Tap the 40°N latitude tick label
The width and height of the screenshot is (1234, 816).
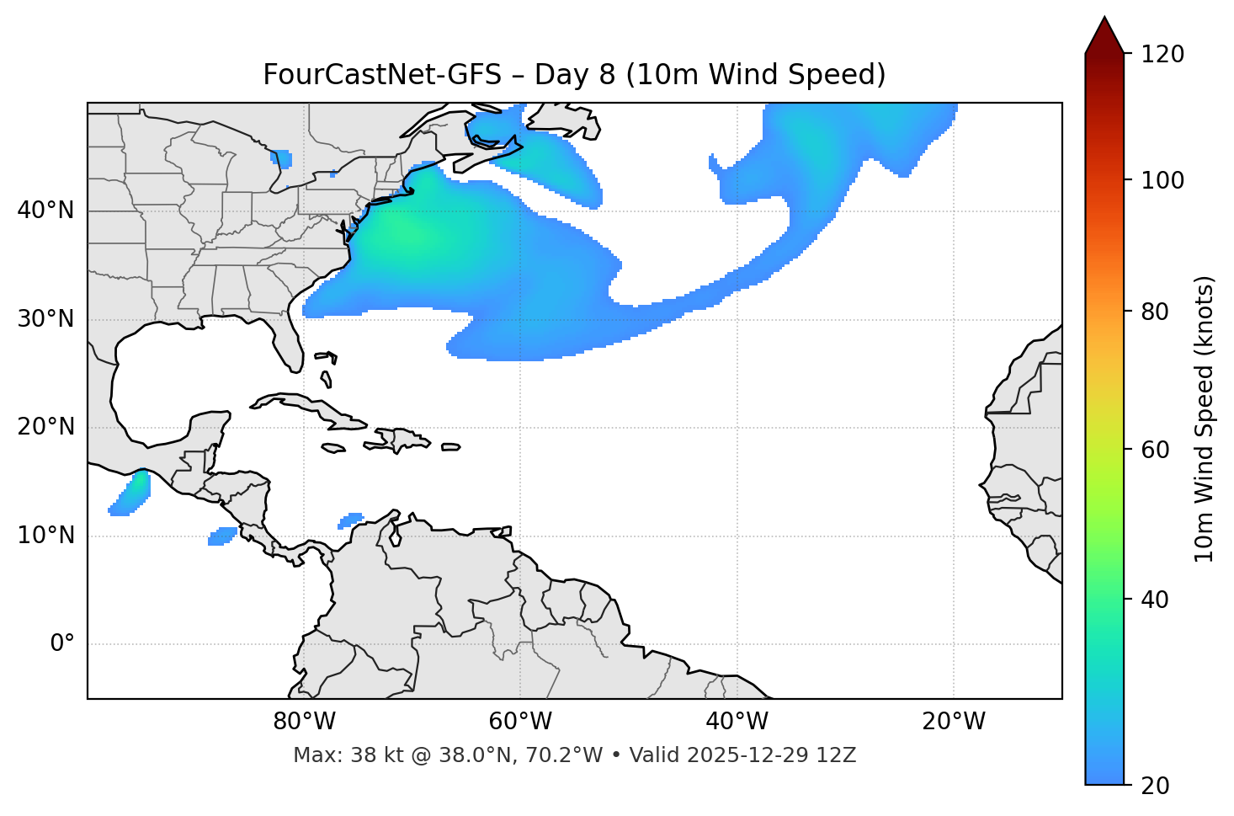tap(45, 211)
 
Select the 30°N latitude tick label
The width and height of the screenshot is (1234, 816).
tap(45, 319)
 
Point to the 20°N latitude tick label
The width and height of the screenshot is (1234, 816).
tap(45, 427)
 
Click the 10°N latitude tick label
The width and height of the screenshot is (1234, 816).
tap(45, 536)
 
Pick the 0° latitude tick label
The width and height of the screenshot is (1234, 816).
tap(61, 644)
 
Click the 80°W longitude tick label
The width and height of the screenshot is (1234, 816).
tap(304, 722)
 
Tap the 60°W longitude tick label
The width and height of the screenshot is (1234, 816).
tap(520, 722)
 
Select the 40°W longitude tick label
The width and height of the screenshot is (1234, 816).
tap(737, 722)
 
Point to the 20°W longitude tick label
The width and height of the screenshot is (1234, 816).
tap(953, 722)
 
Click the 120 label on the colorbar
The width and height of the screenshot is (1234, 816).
tap(1162, 54)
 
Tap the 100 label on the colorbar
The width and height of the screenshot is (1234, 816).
tap(1162, 180)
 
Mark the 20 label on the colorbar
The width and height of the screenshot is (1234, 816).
tap(1155, 785)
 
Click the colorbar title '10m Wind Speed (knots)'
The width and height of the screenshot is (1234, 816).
tap(1205, 419)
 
